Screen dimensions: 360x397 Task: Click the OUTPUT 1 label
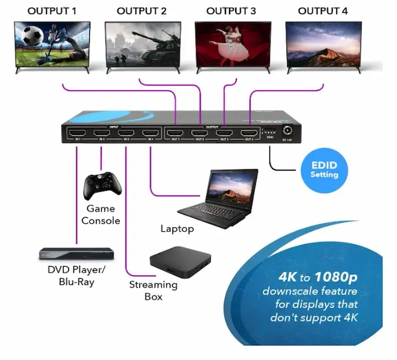coord(52,11)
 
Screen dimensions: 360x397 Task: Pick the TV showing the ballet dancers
coord(233,44)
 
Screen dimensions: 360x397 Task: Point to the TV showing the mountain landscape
coord(322,44)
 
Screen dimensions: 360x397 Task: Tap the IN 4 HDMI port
coord(148,133)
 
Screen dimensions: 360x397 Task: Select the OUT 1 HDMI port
coord(175,133)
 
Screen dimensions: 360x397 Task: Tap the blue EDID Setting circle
coord(324,171)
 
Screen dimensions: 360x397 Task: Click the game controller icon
coord(100,185)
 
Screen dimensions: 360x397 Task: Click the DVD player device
coord(76,254)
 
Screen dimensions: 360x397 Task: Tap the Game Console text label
coord(101,215)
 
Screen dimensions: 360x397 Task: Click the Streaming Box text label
coord(153,290)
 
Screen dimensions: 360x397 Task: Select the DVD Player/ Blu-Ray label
coord(77,276)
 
